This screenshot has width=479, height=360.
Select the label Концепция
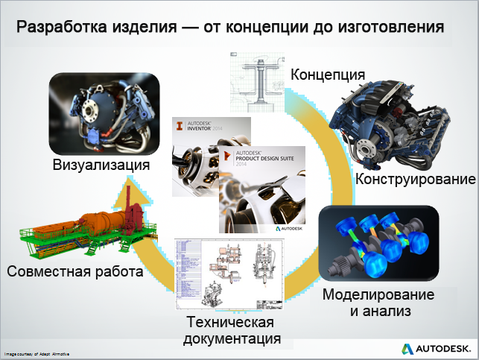coord(327,75)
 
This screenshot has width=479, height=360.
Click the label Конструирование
coord(415,180)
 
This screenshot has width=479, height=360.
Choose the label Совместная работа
coord(74,271)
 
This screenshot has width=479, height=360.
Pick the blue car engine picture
coord(395,123)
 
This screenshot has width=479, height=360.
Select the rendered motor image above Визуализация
coord(104,112)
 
